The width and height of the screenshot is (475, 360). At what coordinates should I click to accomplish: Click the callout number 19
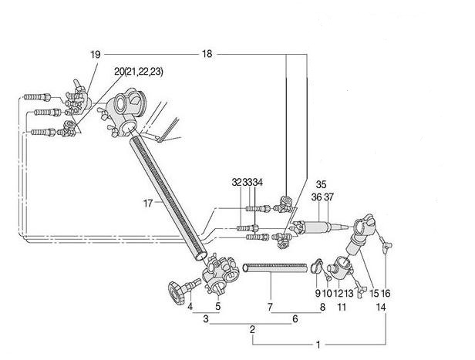point(95,55)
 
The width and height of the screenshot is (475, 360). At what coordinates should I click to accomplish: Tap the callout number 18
point(207,54)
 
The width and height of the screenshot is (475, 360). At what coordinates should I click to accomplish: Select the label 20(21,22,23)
point(139,72)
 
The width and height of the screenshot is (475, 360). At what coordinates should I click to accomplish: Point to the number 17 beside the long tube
point(148,204)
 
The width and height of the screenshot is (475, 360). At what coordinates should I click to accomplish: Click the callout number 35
point(321,184)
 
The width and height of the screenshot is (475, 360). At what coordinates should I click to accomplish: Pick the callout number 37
point(328,197)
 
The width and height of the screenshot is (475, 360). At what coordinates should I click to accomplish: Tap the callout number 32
point(237,182)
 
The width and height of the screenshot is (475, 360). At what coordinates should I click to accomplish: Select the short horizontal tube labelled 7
point(275,267)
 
